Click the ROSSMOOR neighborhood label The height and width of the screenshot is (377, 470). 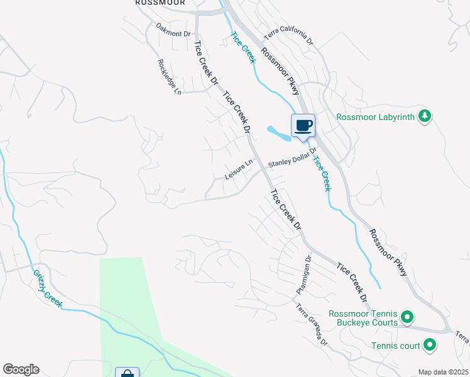point(155,3)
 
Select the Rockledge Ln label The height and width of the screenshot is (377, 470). point(170,77)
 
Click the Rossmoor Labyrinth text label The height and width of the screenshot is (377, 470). point(375,116)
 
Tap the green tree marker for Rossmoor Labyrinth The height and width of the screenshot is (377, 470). point(425,116)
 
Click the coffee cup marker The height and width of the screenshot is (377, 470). point(303,126)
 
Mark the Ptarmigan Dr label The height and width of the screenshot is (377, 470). point(304,276)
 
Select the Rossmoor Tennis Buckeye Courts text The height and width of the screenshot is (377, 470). point(363,318)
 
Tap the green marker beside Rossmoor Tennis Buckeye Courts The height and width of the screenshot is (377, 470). point(407,318)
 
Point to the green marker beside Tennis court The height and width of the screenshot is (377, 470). point(430,344)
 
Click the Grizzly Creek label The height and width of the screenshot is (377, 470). point(48,288)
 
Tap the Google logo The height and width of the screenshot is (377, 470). point(21,369)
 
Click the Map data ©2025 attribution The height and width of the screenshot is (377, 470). point(442,372)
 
